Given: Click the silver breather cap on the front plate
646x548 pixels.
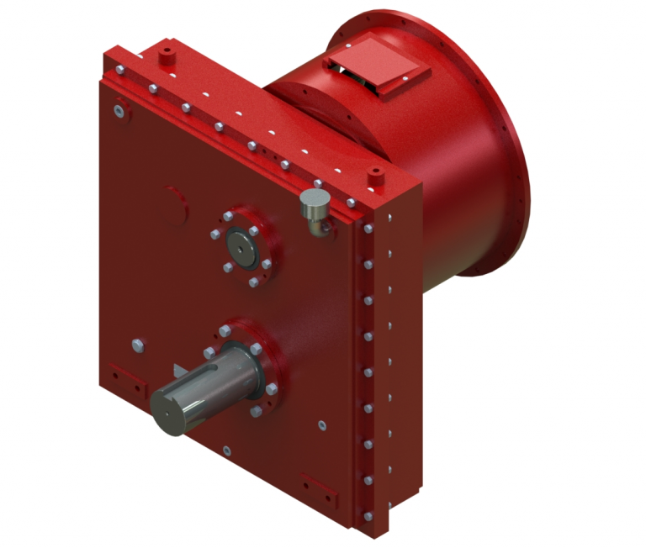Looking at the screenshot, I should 314,202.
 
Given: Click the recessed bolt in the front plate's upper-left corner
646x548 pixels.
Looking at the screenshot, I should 122,109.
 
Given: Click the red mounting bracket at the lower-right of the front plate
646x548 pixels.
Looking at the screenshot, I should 319,485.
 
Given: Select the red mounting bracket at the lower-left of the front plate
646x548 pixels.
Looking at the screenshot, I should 117,372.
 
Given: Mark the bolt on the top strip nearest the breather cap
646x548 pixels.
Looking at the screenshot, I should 318,182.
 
